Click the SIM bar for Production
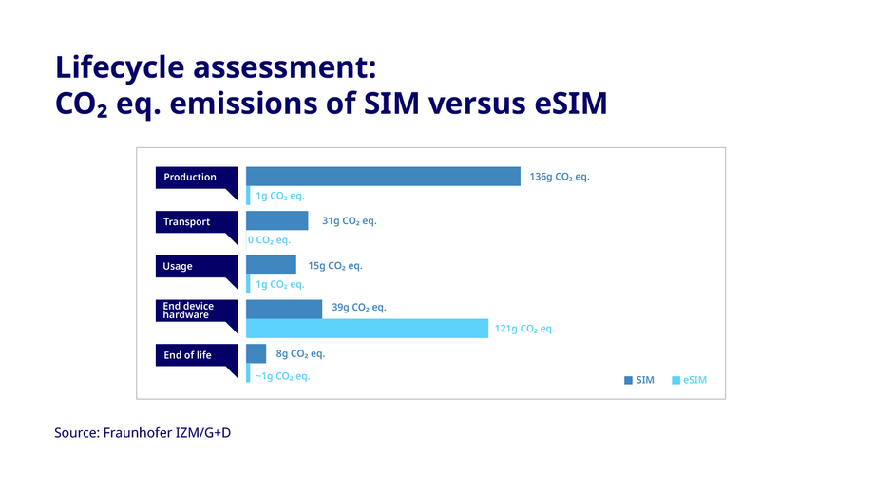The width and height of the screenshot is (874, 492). (x=383, y=177)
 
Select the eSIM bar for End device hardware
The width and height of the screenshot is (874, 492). (x=366, y=329)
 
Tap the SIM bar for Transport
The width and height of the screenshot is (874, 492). (x=276, y=221)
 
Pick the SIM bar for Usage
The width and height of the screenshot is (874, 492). (x=271, y=266)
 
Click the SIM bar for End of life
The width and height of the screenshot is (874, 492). (x=256, y=354)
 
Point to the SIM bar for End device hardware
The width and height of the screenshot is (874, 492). (x=283, y=310)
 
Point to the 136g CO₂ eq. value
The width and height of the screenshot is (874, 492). (x=560, y=177)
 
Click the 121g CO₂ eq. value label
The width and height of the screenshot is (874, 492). (x=524, y=329)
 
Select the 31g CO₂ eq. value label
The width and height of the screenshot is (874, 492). (x=349, y=221)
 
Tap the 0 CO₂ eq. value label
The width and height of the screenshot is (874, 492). (x=269, y=240)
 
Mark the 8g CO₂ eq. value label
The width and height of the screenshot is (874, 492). (x=300, y=354)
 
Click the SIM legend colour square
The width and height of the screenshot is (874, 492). (x=628, y=381)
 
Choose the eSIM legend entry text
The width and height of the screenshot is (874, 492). (x=694, y=381)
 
